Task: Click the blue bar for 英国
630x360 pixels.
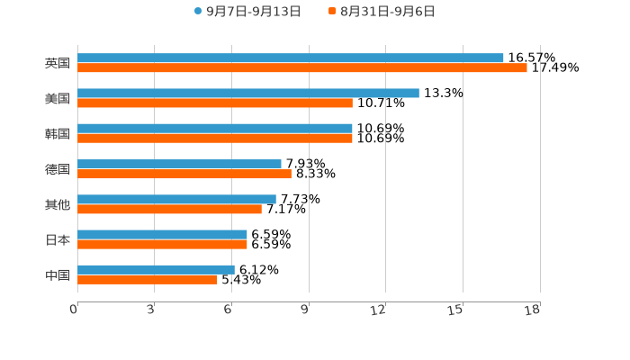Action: point(290,58)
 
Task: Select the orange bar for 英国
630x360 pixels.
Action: point(301,67)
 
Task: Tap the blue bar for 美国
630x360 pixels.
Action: point(247,93)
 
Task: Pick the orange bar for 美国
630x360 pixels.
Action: point(214,103)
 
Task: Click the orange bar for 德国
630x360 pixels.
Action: point(184,174)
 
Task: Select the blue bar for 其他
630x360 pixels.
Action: point(176,199)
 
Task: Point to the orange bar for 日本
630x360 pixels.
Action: point(162,245)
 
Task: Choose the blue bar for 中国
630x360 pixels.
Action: point(156,269)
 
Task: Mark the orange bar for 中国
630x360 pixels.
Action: point(147,280)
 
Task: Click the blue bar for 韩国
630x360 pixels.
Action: point(214,128)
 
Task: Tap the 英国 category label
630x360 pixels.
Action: point(58,63)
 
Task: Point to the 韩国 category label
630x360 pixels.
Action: point(58,133)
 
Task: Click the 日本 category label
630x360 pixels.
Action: point(58,239)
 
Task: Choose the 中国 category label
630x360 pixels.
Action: point(58,274)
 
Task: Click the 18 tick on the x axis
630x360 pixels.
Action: point(533,310)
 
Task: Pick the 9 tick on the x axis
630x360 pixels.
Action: point(304,310)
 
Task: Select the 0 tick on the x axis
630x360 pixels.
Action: point(74,310)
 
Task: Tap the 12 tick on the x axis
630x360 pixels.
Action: point(378,310)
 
